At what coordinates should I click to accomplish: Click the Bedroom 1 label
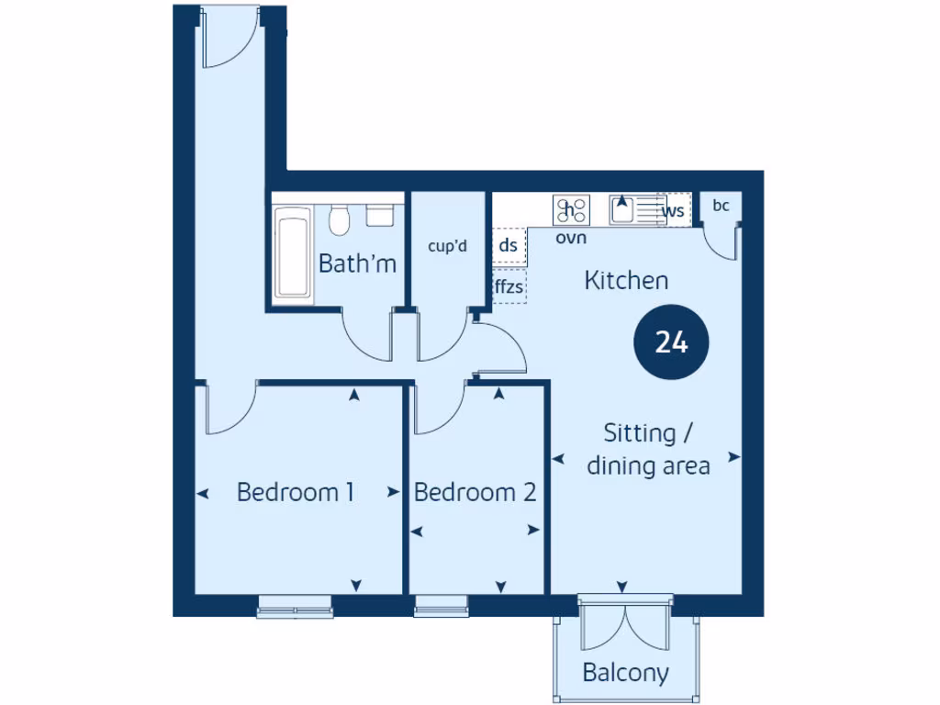[296, 492]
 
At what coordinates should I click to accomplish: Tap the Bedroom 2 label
[475, 492]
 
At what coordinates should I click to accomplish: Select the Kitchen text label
[626, 281]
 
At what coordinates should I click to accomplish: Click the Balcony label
[625, 673]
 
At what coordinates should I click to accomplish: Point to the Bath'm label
[357, 263]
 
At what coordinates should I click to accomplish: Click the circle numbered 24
[671, 342]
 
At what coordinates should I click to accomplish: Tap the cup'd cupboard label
[448, 246]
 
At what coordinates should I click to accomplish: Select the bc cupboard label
[721, 206]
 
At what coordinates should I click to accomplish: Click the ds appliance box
[508, 245]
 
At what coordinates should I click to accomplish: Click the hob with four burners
[570, 210]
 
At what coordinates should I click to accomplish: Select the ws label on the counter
[675, 211]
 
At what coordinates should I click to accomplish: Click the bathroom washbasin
[379, 215]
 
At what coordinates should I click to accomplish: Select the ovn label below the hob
[570, 238]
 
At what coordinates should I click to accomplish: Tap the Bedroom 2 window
[442, 606]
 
